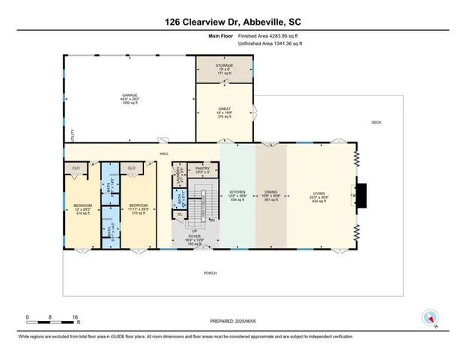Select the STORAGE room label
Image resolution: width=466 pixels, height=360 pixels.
pyautogui.click(x=224, y=66)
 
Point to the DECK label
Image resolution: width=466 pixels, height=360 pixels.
pyautogui.click(x=376, y=122)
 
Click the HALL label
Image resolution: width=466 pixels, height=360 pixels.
pyautogui.click(x=163, y=154)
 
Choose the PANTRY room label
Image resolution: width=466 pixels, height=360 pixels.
pyautogui.click(x=201, y=169)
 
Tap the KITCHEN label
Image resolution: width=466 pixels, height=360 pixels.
pyautogui.click(x=237, y=192)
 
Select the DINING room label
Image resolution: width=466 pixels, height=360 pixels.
pyautogui.click(x=271, y=192)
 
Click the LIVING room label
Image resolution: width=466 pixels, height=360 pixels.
pyautogui.click(x=319, y=192)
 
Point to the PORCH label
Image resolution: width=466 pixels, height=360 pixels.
pyautogui.click(x=211, y=273)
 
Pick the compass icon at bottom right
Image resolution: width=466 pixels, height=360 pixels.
pyautogui.click(x=429, y=317)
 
